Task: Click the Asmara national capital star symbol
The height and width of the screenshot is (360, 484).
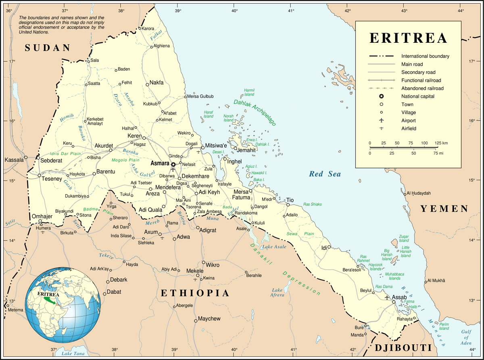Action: point(173,164)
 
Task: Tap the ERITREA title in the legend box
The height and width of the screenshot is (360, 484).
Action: point(408,38)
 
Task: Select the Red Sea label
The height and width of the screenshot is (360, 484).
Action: point(325,174)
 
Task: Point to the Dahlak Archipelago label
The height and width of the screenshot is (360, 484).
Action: point(255,113)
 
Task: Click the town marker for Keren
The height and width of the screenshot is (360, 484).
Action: point(144,138)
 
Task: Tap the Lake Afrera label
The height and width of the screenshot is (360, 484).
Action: point(277,292)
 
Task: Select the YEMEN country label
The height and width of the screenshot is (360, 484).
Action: point(444,209)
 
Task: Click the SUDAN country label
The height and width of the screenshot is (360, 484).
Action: point(48,48)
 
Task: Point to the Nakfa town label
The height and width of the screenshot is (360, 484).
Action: point(156,83)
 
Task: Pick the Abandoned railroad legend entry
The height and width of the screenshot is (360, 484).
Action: point(422,88)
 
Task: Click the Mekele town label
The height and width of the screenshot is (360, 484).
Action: point(195,270)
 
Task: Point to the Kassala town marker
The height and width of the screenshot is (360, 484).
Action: point(26,157)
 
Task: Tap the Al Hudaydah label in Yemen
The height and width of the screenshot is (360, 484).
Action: point(419,193)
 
